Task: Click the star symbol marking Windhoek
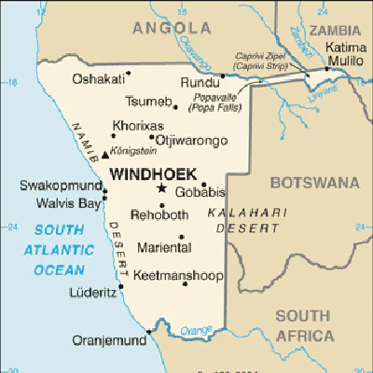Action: (x=161, y=188)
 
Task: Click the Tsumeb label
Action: (x=147, y=103)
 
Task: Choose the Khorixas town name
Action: (x=137, y=125)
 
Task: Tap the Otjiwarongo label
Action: (x=190, y=140)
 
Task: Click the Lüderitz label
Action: (x=92, y=293)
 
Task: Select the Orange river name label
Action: (x=196, y=330)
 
